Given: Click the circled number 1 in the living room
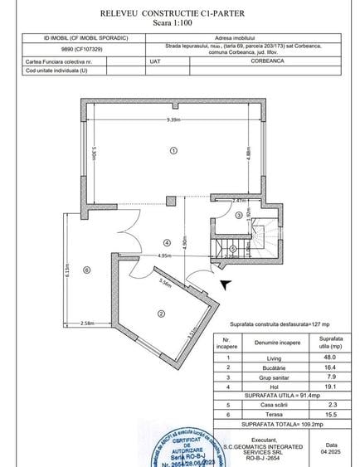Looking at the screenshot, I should [x=173, y=151].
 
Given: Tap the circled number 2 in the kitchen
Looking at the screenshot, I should [x=160, y=313].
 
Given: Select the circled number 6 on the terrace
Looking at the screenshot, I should [x=86, y=270].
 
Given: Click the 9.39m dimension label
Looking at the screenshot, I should [x=173, y=121].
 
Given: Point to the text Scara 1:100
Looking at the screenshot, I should [x=179, y=23].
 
